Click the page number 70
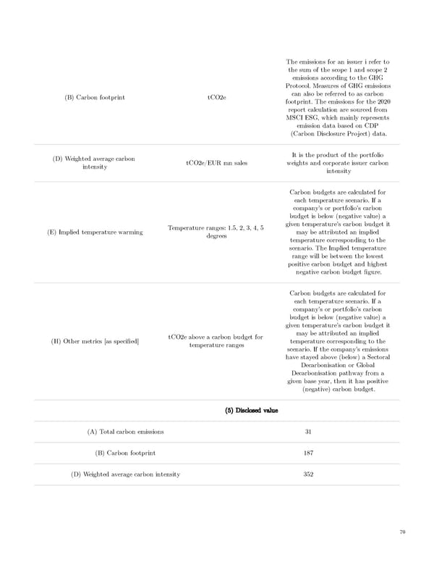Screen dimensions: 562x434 click(402, 532)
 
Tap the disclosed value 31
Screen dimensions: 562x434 click(308, 432)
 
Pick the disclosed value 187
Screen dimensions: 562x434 click(308, 453)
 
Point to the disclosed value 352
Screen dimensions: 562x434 click(308, 474)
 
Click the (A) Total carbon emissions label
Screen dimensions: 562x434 click(125, 432)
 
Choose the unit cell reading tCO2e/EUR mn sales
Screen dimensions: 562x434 click(216, 163)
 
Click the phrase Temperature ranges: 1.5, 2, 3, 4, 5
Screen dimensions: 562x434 click(215, 228)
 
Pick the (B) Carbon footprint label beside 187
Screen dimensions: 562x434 click(125, 453)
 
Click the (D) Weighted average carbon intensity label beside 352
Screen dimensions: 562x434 click(125, 474)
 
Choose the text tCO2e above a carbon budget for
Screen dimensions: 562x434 click(216, 337)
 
